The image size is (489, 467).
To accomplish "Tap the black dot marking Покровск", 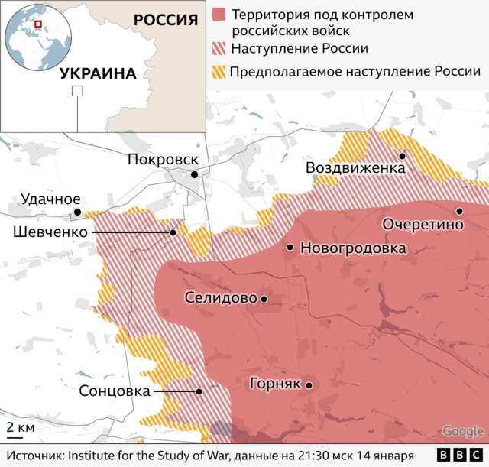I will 195,175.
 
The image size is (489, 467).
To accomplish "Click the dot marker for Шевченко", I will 173,233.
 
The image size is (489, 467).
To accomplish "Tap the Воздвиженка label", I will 355,168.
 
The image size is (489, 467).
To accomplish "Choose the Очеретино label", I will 423,225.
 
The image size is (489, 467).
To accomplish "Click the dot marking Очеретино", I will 459,212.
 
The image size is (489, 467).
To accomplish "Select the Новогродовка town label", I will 353,248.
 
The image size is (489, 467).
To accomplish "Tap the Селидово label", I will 220,299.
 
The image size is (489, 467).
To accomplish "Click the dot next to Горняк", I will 309,385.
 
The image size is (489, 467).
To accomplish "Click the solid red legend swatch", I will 220,15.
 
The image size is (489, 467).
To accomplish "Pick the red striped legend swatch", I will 220,49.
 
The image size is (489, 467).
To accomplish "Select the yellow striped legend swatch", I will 220,72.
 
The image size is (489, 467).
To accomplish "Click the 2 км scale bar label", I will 21,427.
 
